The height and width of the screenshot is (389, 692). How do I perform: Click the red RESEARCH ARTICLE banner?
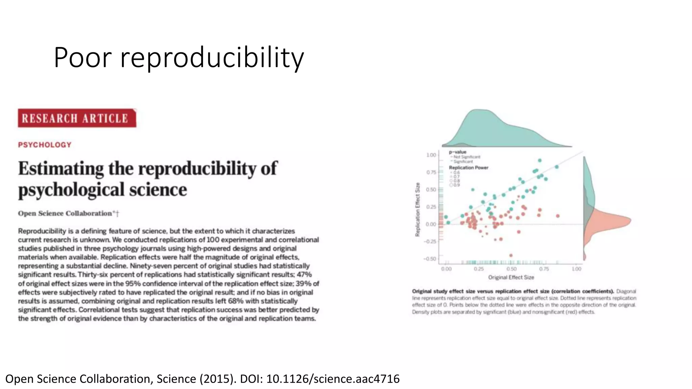coord(77,118)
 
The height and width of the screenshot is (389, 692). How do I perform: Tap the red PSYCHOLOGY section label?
coord(45,145)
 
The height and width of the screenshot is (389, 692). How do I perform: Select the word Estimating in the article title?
coord(61,168)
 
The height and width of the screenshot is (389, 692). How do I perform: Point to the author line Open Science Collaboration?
coord(65,213)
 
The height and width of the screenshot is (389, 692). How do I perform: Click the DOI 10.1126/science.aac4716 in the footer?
coord(332,379)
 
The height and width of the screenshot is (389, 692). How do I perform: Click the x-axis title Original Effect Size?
coord(511,277)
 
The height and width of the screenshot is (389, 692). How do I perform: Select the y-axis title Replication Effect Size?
coord(418,209)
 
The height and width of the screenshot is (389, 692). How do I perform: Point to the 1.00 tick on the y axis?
coord(431,155)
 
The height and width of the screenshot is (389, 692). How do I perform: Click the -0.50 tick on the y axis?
coord(430,259)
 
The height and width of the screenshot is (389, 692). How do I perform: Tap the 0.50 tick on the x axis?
coord(511,269)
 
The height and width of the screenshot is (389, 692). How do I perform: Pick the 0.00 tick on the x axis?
coord(446,269)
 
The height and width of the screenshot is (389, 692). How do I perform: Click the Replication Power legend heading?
coord(468,167)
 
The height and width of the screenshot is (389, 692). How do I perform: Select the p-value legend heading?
coord(458,152)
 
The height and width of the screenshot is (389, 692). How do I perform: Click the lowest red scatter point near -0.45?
coord(511,255)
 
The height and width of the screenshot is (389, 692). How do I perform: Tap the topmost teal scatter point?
coord(540,160)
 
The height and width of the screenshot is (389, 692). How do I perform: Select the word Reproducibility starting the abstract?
coord(42,231)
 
